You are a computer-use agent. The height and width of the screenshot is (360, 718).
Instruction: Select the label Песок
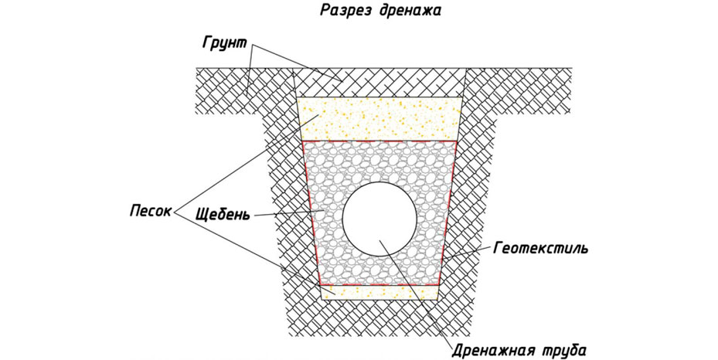pyautogui.click(x=149, y=211)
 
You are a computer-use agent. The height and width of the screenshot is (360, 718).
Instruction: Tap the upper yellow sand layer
pyautogui.click(x=379, y=118)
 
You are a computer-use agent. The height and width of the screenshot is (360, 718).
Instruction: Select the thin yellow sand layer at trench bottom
pyautogui.click(x=379, y=291)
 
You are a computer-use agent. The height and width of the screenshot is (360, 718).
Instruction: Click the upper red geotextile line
pyautogui.click(x=379, y=141)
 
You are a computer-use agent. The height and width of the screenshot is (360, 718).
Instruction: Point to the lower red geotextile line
pyautogui.click(x=379, y=285)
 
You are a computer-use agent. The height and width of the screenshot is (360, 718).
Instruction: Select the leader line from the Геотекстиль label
pyautogui.click(x=468, y=253)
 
